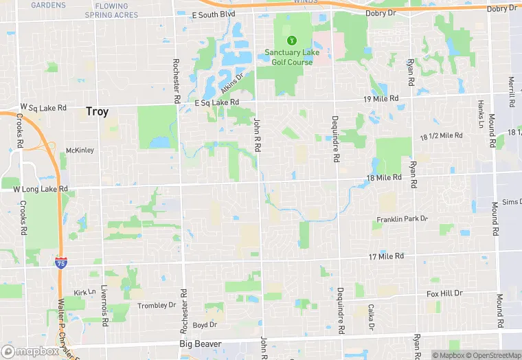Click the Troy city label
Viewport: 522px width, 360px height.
(97, 111)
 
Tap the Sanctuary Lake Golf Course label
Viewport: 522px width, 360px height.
(289, 58)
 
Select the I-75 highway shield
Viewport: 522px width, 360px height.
(61, 262)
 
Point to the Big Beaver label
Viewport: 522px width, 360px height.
(200, 343)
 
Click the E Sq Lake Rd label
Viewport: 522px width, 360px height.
(216, 102)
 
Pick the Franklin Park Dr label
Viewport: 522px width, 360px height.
(402, 219)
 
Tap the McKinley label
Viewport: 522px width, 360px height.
(80, 150)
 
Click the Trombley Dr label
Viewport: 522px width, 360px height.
(152, 305)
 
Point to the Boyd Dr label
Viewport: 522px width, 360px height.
(205, 325)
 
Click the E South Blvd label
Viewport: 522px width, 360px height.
(214, 14)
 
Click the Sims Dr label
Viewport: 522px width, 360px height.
(511, 202)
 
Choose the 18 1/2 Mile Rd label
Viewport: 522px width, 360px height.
(440, 136)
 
